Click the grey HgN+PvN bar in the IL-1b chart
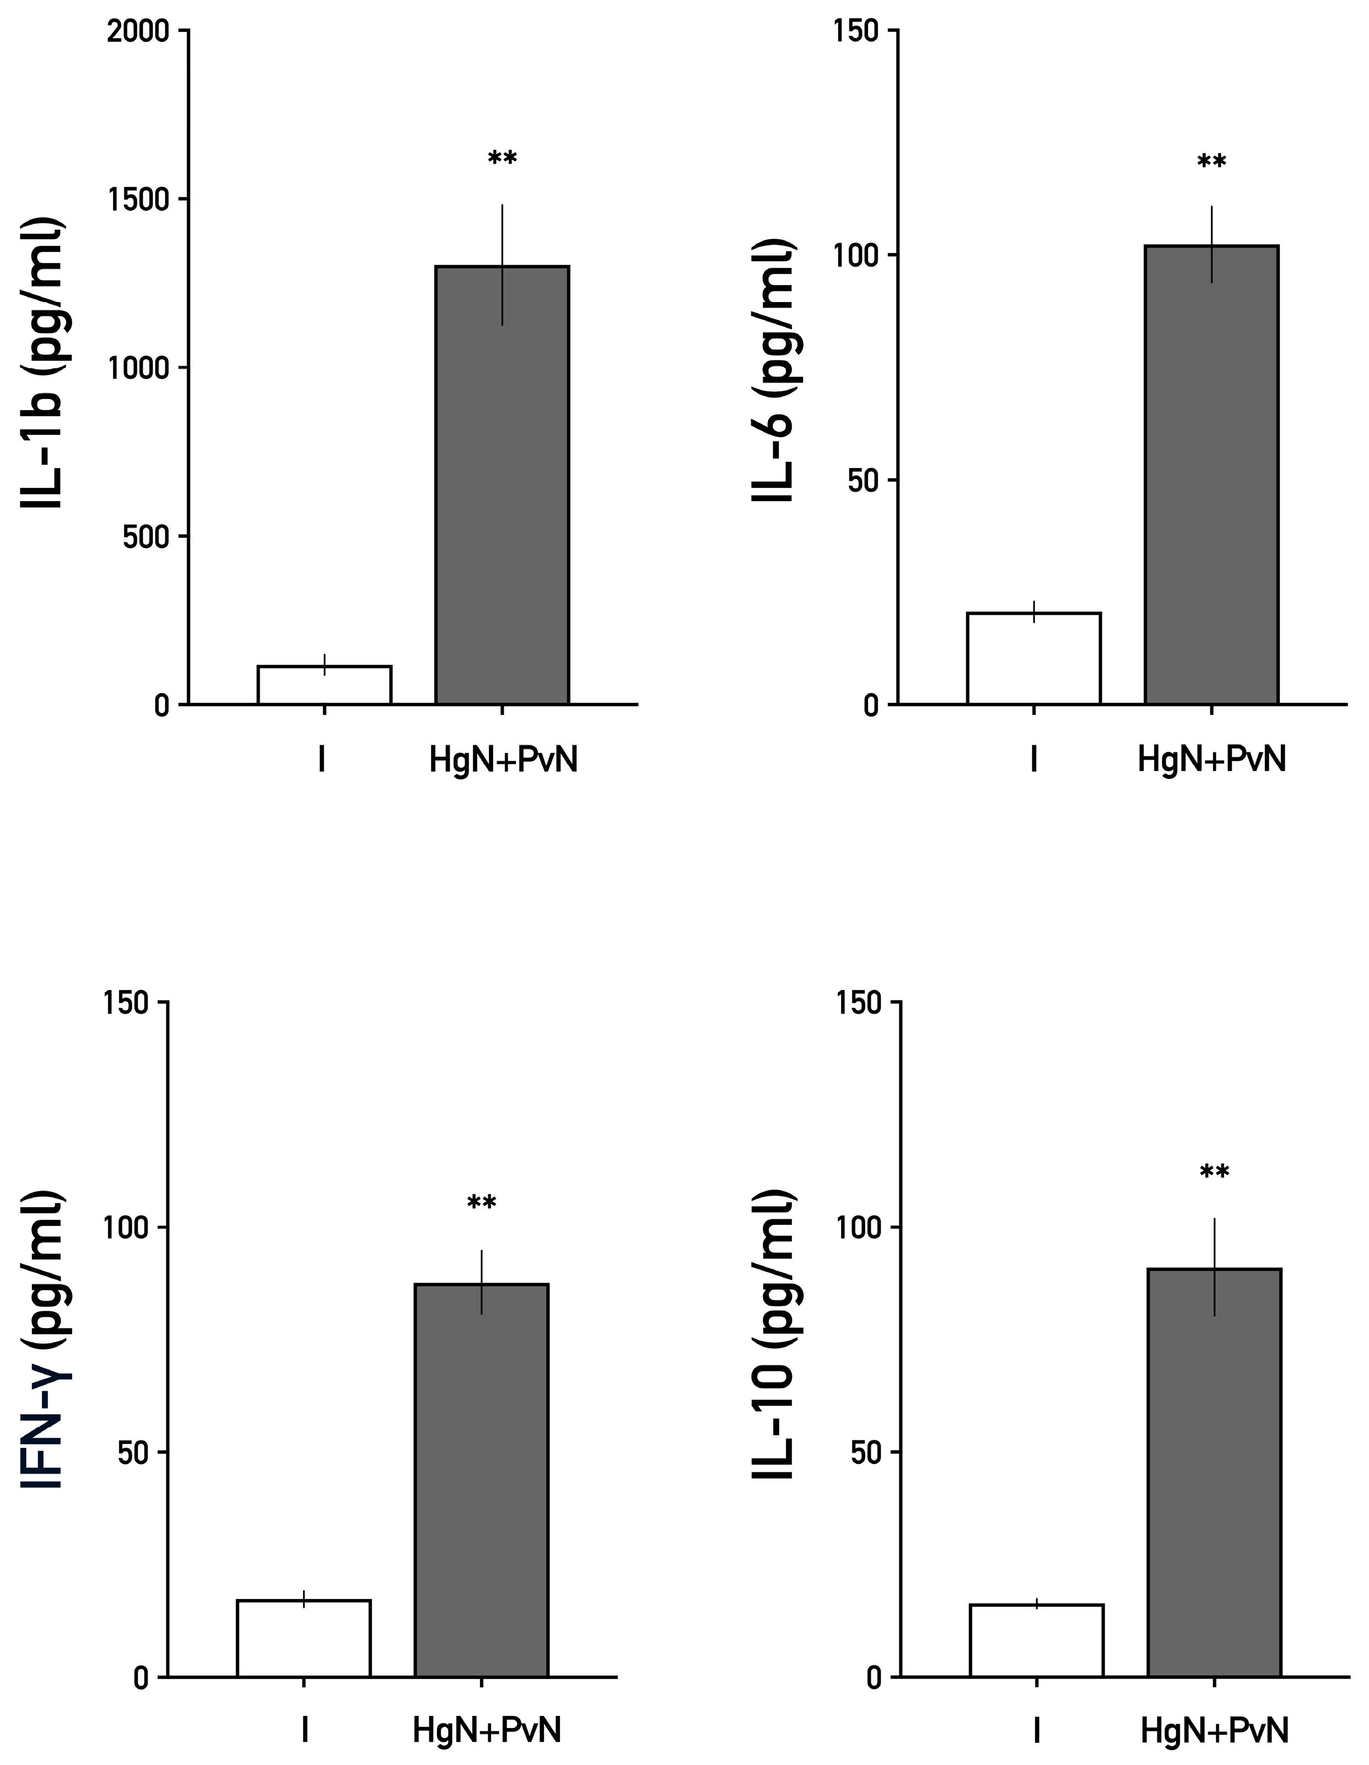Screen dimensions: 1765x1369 (x=502, y=485)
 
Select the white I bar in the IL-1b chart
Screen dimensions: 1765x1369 (x=324, y=685)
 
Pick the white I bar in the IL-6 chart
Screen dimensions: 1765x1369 (x=1033, y=659)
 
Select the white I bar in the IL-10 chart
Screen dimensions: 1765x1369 (x=1037, y=1640)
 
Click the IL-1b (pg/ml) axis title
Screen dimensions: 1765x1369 (x=42, y=364)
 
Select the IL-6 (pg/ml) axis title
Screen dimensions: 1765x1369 (x=774, y=370)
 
